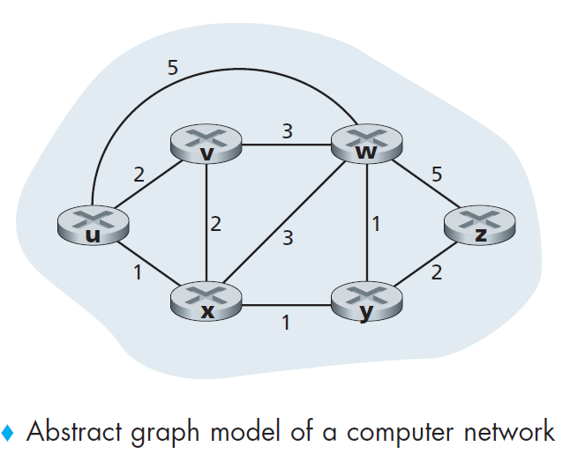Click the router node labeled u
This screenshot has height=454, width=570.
coord(92,227)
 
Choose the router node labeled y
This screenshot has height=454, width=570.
coord(364,302)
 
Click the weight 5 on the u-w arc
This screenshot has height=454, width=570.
coord(172,67)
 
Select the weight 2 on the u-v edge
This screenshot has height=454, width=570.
coord(139,175)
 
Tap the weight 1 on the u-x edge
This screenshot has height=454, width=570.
coord(137,272)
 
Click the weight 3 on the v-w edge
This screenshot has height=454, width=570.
coord(287,132)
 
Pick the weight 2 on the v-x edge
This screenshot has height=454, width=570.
coord(216,224)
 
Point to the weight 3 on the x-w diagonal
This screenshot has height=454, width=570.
coord(287,237)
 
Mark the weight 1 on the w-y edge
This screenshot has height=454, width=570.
coord(377,224)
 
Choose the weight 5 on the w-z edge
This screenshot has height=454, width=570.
coord(437,175)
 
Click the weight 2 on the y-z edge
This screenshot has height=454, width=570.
coord(436,273)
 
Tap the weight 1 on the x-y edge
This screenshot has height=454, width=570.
coord(285,324)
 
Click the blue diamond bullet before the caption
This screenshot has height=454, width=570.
coord(9,433)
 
